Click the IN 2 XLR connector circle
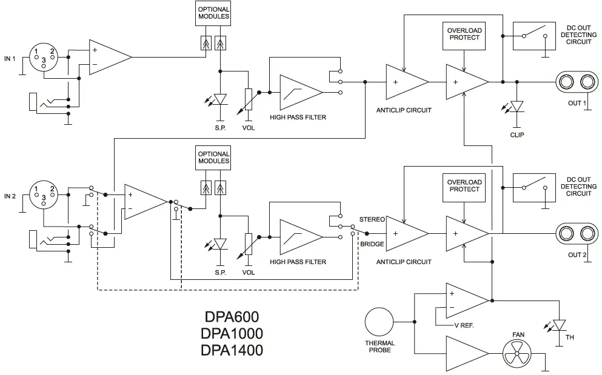[x=44, y=196]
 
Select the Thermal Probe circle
[x=380, y=322]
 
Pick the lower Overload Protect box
[x=464, y=185]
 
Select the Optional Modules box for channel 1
[x=213, y=13]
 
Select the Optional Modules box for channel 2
[x=213, y=158]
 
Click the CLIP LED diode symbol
[x=517, y=107]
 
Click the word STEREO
[x=372, y=219]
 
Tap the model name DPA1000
[x=233, y=333]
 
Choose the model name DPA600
[x=233, y=317]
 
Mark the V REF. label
[x=464, y=325]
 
